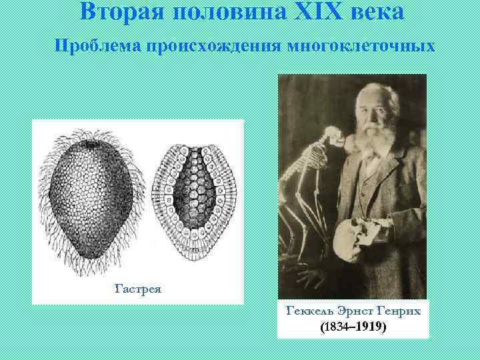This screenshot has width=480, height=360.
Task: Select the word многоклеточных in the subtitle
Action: click(360, 47)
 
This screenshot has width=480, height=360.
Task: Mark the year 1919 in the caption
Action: click(369, 327)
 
